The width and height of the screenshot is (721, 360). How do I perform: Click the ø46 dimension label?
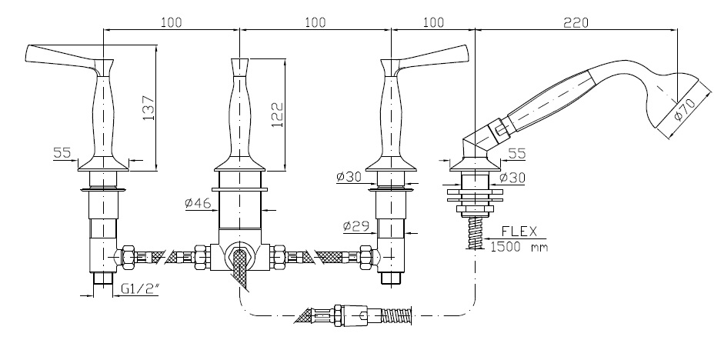199,204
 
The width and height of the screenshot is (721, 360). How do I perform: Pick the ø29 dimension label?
356,227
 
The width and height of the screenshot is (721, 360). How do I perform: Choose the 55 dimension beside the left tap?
62,153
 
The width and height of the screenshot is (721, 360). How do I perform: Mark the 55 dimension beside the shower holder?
516,154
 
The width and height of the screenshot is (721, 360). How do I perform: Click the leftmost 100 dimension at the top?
171,22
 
